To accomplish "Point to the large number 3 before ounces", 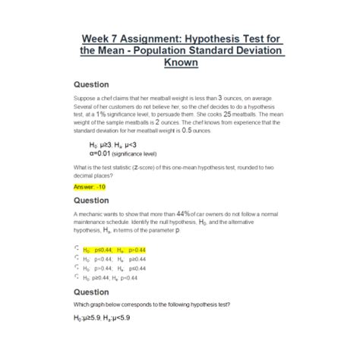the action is tap(220, 98).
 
